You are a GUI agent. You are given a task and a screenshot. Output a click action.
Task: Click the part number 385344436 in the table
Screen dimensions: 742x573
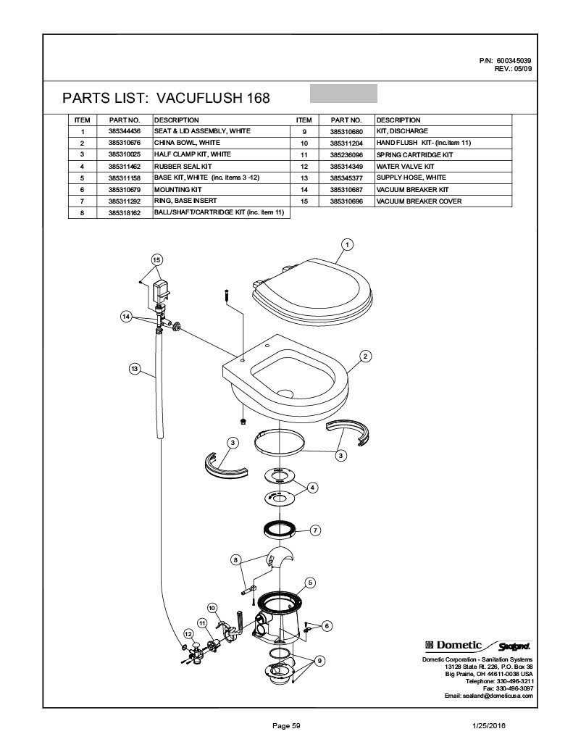pyautogui.click(x=124, y=131)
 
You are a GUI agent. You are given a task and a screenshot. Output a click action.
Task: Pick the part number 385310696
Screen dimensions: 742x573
pyautogui.click(x=346, y=201)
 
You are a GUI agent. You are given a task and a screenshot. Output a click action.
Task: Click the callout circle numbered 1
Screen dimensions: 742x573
pyautogui.click(x=347, y=244)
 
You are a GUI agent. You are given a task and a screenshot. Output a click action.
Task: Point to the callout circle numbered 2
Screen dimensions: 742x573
pyautogui.click(x=366, y=356)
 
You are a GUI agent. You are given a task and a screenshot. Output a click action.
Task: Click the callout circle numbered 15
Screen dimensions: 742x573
pyautogui.click(x=157, y=259)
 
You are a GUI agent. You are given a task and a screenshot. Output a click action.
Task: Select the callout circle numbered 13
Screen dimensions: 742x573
pyautogui.click(x=134, y=369)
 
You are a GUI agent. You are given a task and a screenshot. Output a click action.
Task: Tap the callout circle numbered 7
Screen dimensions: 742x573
pyautogui.click(x=315, y=530)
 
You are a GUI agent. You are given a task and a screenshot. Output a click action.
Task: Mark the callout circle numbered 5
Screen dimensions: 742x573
pyautogui.click(x=309, y=582)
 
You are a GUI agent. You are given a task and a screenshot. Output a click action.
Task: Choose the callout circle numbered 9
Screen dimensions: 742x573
pyautogui.click(x=319, y=659)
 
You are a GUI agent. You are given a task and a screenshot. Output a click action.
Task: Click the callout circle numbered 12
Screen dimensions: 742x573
pyautogui.click(x=188, y=634)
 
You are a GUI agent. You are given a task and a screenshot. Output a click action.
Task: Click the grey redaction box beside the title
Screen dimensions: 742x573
pyautogui.click(x=343, y=93)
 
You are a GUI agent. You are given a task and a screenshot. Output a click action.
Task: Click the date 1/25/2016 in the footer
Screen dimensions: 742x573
pyautogui.click(x=489, y=725)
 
